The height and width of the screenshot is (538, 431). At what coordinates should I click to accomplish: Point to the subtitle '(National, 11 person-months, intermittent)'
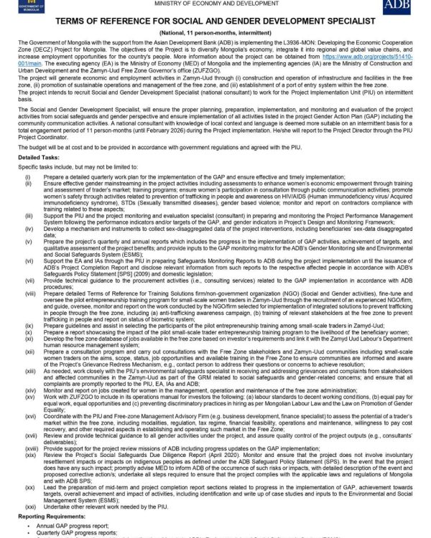click(215, 34)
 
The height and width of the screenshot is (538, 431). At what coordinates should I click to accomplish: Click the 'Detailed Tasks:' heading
click(40, 156)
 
